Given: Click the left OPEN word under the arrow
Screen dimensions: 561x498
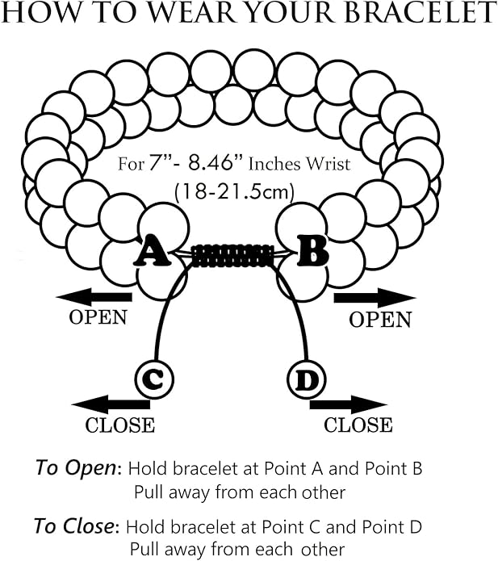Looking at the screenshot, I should pos(98,316).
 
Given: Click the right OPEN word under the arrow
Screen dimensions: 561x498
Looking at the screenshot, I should pos(380,320).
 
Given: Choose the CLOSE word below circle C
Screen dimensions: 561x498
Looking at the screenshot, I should pos(119,424).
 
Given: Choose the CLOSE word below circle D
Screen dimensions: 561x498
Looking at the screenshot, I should pos(358,425).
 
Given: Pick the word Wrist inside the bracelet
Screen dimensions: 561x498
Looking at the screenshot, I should pos(326,165).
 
